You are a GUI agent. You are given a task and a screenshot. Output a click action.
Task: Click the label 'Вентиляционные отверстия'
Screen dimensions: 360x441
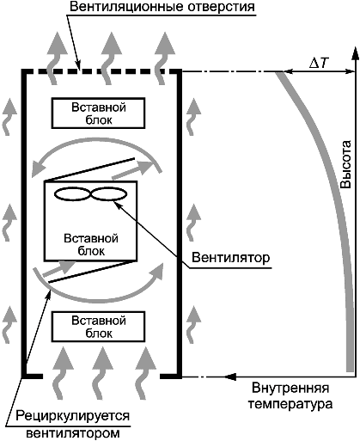coord(162,7)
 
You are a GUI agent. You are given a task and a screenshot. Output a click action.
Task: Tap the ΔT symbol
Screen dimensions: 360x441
coord(317,64)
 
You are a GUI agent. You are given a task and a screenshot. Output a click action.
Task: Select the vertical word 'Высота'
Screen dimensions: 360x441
coord(345,164)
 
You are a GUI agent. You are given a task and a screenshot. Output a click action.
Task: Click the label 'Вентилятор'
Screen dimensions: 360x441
coord(230,257)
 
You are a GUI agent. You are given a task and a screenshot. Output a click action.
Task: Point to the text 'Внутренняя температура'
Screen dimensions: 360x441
coord(290,396)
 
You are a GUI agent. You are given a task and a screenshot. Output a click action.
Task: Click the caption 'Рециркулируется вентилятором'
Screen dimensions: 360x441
coord(73,424)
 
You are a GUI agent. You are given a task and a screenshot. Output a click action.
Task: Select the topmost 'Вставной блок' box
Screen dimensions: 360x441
coord(98,113)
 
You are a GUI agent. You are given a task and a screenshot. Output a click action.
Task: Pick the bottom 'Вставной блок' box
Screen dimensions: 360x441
coord(98,327)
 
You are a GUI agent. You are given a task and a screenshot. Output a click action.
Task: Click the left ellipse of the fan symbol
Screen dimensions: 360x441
coord(72,194)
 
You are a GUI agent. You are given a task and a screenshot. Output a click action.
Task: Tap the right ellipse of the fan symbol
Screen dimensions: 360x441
coord(109,194)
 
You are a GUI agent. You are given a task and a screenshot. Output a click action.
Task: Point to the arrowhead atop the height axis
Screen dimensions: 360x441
coord(355,53)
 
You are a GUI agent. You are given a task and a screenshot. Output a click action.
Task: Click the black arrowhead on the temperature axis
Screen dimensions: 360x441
coord(230,377)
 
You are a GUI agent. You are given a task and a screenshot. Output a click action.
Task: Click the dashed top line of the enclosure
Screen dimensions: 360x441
coord(101,71)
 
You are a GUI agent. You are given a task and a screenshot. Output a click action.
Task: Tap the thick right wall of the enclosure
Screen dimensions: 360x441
coord(180,224)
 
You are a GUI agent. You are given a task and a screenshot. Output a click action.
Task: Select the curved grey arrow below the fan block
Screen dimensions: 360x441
coord(97,299)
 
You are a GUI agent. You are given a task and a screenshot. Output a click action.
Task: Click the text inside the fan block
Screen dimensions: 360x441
coord(91,245)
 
